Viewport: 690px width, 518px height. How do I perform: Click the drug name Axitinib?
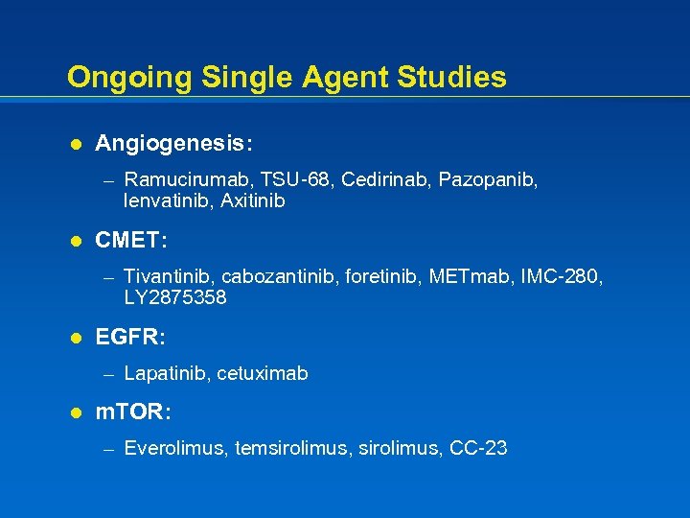253,201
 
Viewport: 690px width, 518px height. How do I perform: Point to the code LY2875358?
175,297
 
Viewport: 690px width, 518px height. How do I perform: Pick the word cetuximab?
263,373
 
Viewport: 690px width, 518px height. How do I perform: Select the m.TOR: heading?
134,412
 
